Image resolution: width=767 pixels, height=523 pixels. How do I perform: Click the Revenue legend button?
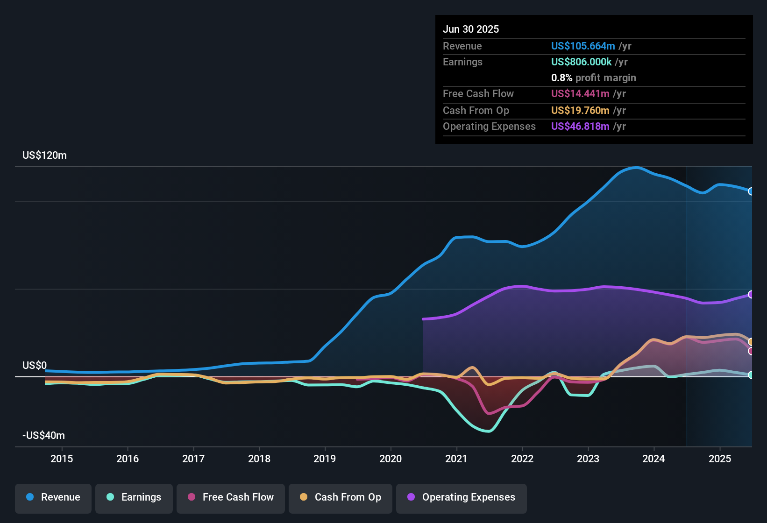[53, 497]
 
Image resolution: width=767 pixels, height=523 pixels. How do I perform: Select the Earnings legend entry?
[134, 497]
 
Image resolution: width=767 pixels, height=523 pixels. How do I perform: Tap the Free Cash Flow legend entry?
[231, 497]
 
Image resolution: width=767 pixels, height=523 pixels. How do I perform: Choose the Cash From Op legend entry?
[341, 497]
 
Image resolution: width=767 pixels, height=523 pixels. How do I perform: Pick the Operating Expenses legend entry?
[462, 497]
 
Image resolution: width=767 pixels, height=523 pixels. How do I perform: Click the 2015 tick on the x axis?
[62, 459]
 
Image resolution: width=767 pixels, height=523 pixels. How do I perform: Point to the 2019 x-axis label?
[325, 459]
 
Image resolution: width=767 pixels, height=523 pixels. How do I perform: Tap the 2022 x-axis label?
[522, 459]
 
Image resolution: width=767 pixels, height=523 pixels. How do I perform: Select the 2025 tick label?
[720, 459]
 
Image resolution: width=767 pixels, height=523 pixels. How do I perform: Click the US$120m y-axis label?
[44, 155]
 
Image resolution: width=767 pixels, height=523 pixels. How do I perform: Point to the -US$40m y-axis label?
[43, 436]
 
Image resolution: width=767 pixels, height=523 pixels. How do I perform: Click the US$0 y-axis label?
[35, 365]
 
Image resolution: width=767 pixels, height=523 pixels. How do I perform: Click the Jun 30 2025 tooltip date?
[471, 29]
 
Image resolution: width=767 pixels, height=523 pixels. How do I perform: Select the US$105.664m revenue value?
[583, 46]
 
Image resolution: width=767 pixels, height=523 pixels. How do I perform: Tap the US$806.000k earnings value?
[581, 62]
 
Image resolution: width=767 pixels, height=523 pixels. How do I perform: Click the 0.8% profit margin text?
[593, 78]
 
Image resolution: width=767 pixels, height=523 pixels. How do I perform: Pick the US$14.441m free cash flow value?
[580, 93]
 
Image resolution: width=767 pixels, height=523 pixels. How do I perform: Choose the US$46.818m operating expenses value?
[580, 126]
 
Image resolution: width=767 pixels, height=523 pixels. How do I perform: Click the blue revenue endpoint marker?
[751, 191]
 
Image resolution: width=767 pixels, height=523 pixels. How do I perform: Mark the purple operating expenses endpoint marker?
[751, 294]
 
